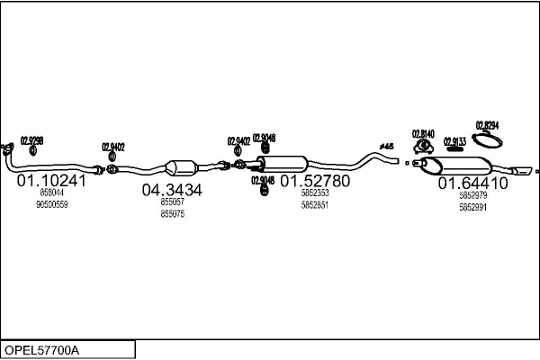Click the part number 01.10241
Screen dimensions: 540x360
(x=51, y=180)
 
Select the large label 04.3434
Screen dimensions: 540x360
(x=172, y=190)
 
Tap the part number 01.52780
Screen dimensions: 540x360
(x=314, y=181)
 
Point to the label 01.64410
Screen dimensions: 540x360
(x=472, y=183)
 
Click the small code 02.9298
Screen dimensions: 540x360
(x=31, y=140)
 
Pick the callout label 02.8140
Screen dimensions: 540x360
(x=423, y=134)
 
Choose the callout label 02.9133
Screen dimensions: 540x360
(x=454, y=140)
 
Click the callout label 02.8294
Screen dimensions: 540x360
(x=487, y=125)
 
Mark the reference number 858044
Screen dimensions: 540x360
(x=51, y=193)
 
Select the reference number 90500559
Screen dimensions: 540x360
(x=51, y=204)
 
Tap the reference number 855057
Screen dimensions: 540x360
(x=172, y=202)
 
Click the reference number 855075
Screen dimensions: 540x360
(x=172, y=213)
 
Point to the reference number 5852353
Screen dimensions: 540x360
(x=314, y=193)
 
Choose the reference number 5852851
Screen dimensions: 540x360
(x=314, y=204)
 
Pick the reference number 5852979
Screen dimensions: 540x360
(x=472, y=195)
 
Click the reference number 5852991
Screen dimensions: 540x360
(x=472, y=207)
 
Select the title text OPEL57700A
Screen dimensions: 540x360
(x=42, y=349)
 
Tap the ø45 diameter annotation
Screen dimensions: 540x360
(x=386, y=146)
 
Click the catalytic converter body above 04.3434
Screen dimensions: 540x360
(x=183, y=167)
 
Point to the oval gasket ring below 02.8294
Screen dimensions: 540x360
(x=488, y=139)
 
